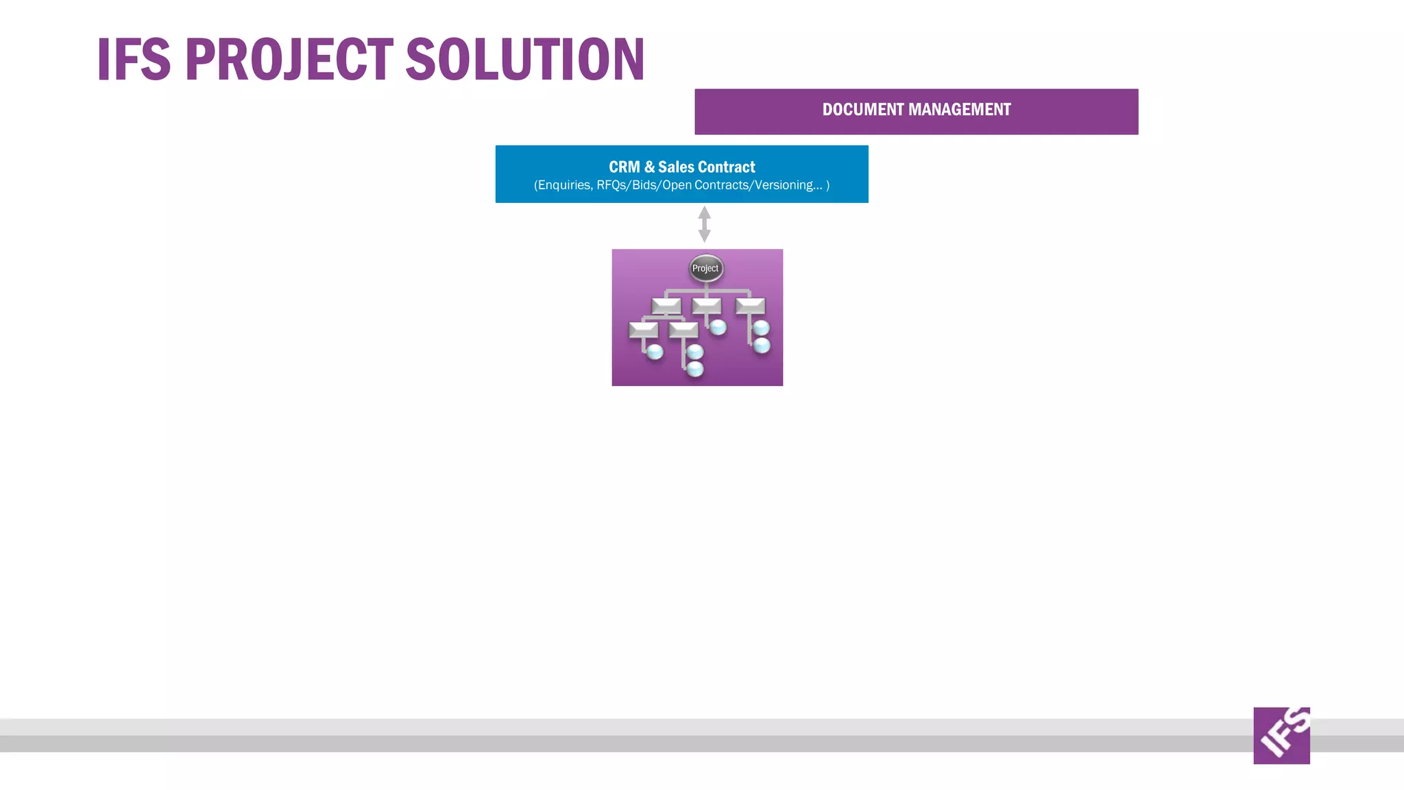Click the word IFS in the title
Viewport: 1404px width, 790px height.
point(133,60)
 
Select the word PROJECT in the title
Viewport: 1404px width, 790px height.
point(289,60)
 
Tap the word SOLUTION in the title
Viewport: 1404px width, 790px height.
point(525,60)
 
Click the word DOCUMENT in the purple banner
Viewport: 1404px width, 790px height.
point(862,110)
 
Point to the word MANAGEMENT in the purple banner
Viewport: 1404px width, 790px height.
point(959,110)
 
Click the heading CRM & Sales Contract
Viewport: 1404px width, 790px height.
point(681,167)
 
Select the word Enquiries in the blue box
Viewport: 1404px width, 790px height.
point(564,185)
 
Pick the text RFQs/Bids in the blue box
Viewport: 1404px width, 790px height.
point(626,185)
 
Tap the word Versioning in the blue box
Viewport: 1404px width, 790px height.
point(784,185)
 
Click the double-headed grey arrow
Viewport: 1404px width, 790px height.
point(704,224)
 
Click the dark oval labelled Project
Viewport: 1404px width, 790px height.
point(705,268)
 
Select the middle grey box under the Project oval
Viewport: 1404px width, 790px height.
point(707,305)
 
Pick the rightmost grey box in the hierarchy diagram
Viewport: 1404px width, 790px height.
point(750,305)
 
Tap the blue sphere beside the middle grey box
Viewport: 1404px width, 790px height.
point(718,327)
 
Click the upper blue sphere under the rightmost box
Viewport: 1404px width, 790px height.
point(761,328)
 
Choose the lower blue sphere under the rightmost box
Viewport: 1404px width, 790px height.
point(762,346)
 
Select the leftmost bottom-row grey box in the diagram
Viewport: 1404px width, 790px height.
point(643,330)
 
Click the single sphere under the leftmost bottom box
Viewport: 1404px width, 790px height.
point(655,352)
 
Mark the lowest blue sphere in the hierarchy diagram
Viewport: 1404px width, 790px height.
point(695,370)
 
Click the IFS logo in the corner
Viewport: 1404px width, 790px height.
point(1281,736)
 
